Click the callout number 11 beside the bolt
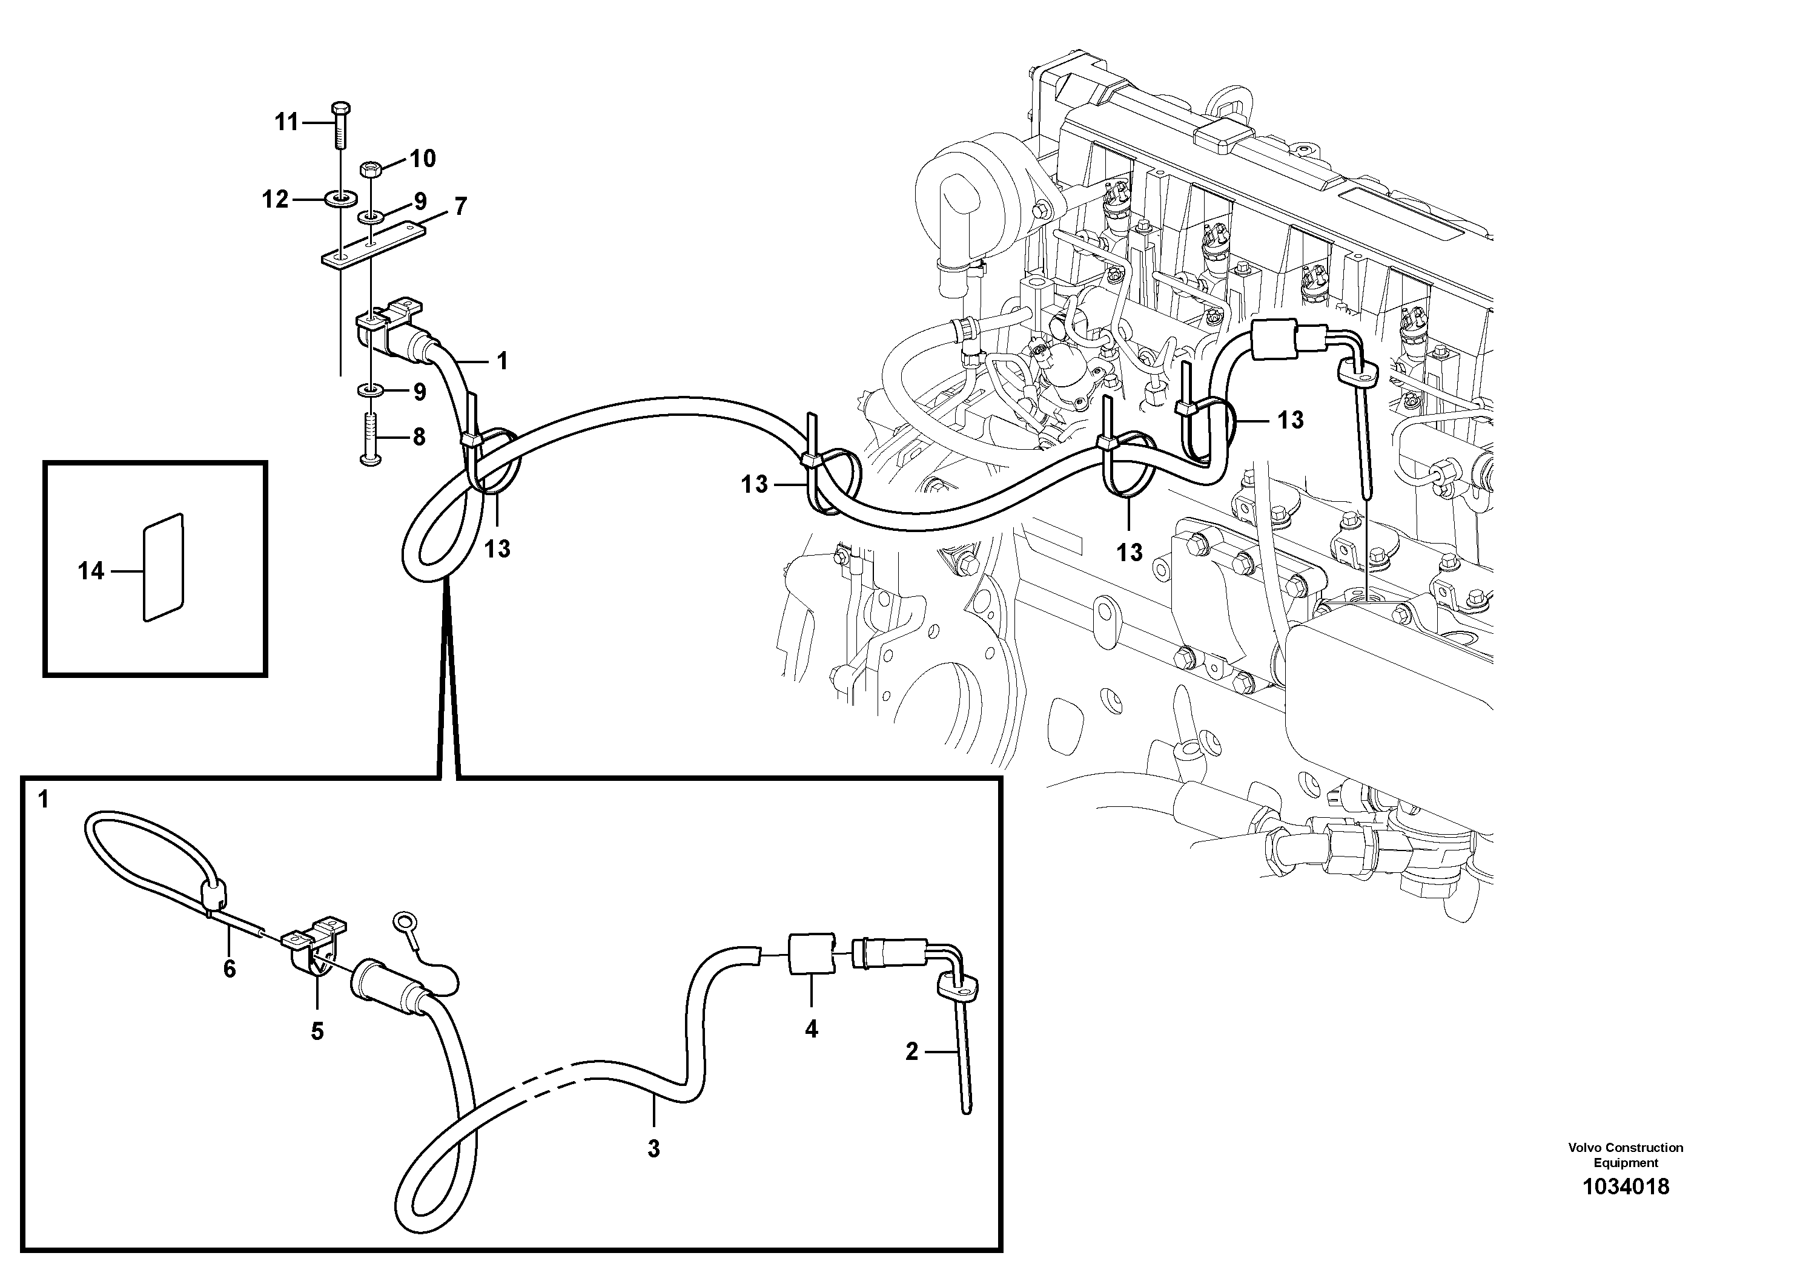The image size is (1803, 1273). coord(286,122)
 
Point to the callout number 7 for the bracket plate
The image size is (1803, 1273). coord(460,206)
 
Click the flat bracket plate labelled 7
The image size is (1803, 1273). coord(372,246)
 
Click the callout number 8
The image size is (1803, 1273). coord(418,437)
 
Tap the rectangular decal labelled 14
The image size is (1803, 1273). coord(164,568)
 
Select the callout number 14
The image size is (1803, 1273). coord(91,571)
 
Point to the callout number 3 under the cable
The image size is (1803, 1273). coord(653,1149)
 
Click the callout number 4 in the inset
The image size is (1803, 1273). coord(811,1029)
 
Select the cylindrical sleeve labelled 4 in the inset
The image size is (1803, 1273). coord(810,953)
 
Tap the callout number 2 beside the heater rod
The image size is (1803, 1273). coord(911,1051)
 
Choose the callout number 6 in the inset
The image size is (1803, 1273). coord(230,969)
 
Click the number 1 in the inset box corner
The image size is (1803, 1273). coord(43,800)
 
